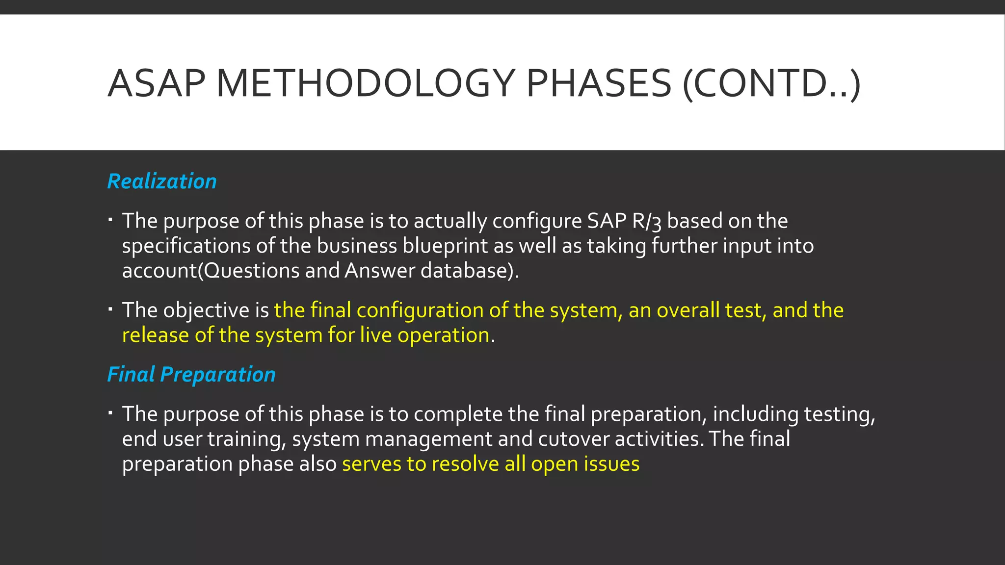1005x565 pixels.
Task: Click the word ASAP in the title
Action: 156,83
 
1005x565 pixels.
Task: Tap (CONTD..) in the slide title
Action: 771,83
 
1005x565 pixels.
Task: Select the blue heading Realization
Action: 162,181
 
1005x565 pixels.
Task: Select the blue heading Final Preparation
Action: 191,375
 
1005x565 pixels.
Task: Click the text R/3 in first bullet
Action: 646,221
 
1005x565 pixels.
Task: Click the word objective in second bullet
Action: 206,310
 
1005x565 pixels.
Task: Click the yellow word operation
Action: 443,335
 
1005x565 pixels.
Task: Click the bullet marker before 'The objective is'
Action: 111,309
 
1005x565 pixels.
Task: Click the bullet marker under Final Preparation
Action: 111,413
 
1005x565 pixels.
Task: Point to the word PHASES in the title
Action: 598,83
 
